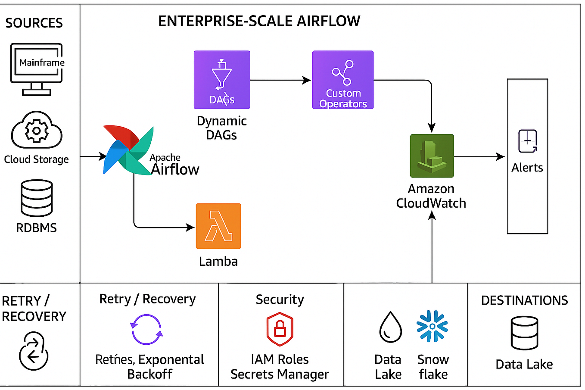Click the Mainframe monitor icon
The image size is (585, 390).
(37, 69)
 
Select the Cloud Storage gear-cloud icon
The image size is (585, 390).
(37, 130)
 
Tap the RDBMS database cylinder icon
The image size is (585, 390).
(37, 198)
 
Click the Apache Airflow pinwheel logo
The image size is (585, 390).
(128, 150)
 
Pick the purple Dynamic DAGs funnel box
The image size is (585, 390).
(222, 80)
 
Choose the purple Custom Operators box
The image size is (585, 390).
(343, 80)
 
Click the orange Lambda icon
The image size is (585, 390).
(218, 226)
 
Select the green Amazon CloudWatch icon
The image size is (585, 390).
(432, 156)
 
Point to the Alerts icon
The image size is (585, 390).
(527, 141)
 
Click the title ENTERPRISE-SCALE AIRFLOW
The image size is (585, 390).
(259, 21)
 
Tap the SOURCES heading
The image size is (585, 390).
(34, 23)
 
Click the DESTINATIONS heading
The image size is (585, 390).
(524, 300)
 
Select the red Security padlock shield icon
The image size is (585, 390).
(280, 329)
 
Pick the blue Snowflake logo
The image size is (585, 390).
(432, 326)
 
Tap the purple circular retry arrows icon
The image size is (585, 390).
(146, 329)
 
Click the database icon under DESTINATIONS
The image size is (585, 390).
(524, 333)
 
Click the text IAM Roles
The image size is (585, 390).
(280, 359)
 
